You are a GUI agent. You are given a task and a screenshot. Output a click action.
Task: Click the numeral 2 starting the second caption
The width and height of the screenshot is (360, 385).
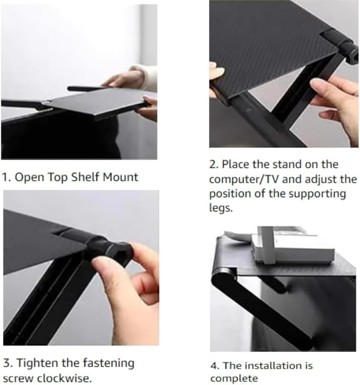click(x=212, y=164)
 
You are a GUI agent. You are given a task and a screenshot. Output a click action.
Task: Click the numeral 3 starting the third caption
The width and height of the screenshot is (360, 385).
click(x=6, y=364)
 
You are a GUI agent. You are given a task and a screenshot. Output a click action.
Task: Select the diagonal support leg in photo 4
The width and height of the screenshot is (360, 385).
click(x=265, y=307)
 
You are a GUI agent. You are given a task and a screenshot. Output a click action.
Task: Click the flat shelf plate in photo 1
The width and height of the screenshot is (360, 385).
click(x=93, y=103)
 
